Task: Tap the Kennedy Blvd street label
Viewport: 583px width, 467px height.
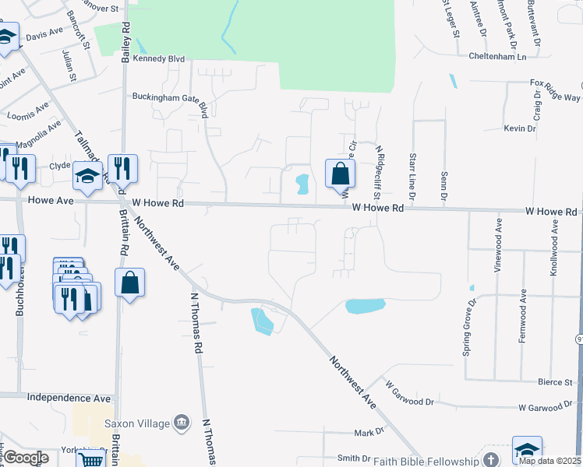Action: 158,58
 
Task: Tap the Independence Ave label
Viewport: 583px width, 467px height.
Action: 69,397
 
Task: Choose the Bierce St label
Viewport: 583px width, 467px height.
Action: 555,382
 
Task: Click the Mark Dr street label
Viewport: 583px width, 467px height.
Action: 369,432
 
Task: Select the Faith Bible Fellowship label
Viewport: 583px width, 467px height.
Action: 426,461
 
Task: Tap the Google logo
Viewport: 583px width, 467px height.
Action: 26,458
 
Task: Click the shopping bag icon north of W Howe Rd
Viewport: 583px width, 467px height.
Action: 340,173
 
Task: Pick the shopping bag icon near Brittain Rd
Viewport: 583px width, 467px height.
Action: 130,283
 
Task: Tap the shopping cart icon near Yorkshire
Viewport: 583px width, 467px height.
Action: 91,460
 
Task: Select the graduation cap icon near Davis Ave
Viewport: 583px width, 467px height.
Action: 7,37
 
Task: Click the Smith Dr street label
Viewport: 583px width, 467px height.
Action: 353,458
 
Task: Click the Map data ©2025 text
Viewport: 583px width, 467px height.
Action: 549,461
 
